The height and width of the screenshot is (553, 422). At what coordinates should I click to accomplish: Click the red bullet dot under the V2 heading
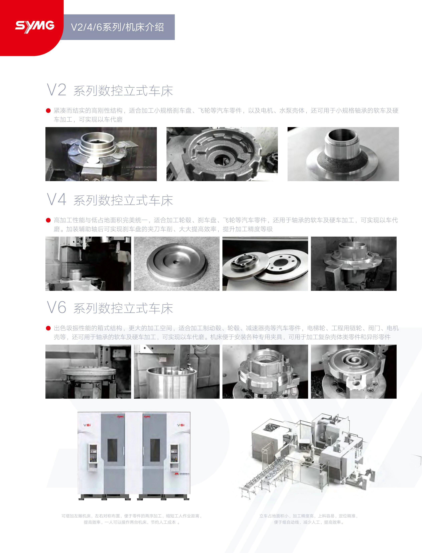(48, 110)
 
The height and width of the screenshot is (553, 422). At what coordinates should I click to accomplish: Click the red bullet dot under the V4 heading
(48, 220)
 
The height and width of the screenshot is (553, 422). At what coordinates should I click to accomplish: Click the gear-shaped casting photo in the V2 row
(222, 154)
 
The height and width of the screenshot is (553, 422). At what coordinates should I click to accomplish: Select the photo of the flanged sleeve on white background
(343, 154)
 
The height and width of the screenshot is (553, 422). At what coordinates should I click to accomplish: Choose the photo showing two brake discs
(265, 264)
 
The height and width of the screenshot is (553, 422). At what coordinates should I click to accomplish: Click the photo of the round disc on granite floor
(177, 264)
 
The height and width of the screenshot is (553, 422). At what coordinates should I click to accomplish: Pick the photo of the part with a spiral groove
(354, 371)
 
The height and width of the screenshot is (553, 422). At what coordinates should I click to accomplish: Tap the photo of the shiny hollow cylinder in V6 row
(177, 371)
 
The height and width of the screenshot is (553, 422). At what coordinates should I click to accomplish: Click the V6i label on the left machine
(87, 425)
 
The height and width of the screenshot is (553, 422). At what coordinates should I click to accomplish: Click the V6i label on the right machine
(181, 425)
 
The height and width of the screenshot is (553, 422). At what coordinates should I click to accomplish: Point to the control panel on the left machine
(93, 458)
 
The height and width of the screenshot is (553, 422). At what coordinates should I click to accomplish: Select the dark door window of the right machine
(155, 450)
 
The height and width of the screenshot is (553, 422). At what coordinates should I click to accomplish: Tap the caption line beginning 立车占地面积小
(308, 516)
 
